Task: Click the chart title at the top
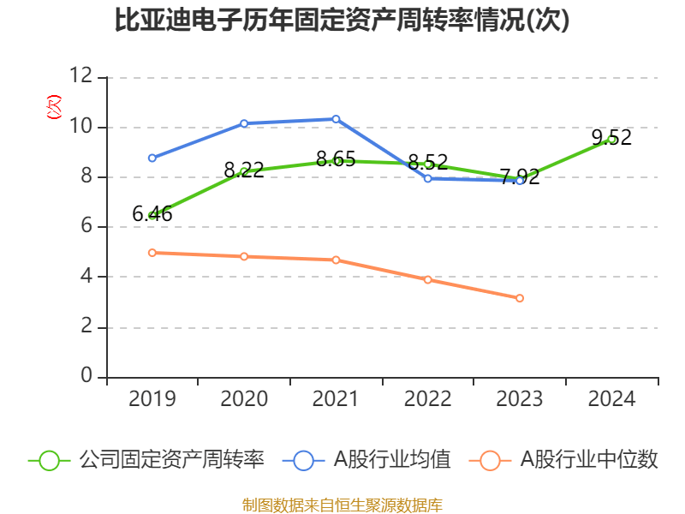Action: (342, 21)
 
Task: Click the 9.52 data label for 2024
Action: (611, 137)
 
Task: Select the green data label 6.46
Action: (152, 214)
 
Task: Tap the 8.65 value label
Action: (336, 158)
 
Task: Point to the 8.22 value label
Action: (244, 170)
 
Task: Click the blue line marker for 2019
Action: (152, 158)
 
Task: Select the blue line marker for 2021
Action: (336, 119)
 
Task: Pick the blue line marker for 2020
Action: (244, 123)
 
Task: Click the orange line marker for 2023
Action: (520, 298)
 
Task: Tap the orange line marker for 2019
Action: (152, 253)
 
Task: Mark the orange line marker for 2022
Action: (427, 279)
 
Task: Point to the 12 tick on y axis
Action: (82, 77)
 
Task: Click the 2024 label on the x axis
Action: (611, 399)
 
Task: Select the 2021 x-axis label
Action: (336, 399)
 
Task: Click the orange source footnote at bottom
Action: (342, 505)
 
